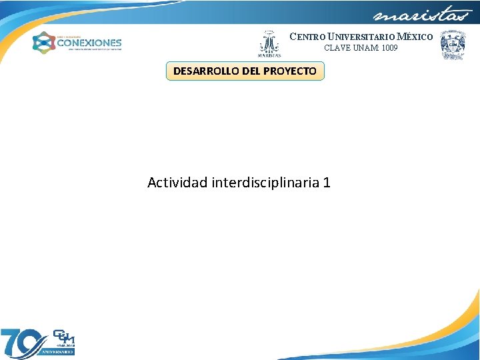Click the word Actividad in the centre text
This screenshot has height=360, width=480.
point(177,182)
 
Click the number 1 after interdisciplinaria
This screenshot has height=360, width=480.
point(326,182)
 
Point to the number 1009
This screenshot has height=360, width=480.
point(389,48)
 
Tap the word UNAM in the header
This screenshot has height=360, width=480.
point(365,48)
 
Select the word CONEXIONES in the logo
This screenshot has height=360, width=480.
point(89,42)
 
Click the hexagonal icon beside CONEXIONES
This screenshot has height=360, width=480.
point(44,43)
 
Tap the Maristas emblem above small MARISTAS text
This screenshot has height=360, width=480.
point(269,41)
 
